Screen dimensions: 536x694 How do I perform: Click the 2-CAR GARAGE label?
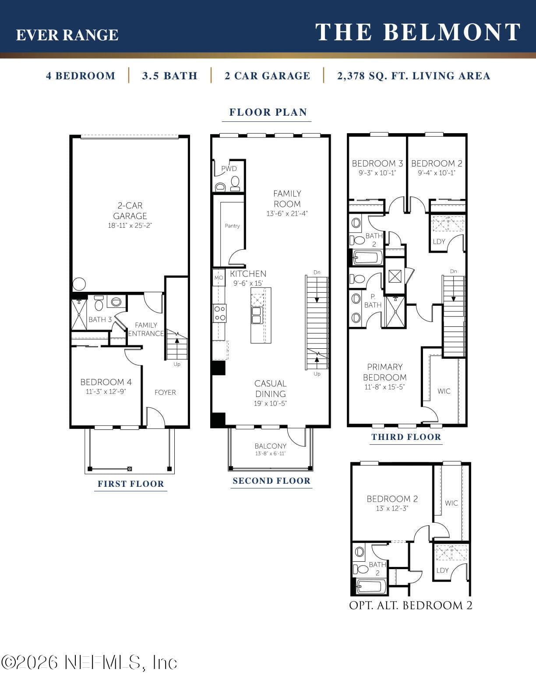(130, 210)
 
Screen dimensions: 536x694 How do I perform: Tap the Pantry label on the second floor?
(232, 226)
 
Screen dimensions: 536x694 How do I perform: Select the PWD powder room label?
(229, 169)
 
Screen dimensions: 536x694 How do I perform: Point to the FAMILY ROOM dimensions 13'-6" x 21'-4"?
(287, 214)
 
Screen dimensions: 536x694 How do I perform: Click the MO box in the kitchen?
(219, 277)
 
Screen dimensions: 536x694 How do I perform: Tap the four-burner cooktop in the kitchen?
(220, 313)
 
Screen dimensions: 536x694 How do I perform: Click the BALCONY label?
(270, 446)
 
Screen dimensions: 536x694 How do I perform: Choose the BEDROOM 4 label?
(106, 382)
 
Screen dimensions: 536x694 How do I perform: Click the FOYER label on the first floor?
(165, 392)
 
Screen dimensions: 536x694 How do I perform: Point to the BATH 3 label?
(100, 319)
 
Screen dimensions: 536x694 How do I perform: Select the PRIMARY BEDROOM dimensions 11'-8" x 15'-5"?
(384, 387)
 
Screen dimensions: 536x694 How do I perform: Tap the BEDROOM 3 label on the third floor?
(377, 163)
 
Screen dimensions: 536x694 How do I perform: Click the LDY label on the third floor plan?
(439, 241)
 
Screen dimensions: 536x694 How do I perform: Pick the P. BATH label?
(373, 301)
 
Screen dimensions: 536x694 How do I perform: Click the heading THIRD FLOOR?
(406, 437)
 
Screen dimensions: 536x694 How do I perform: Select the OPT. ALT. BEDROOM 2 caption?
(411, 605)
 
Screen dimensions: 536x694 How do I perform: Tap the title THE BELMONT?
(418, 32)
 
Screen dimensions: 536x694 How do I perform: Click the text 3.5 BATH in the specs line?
(170, 76)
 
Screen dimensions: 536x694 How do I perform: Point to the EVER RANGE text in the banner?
(67, 35)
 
